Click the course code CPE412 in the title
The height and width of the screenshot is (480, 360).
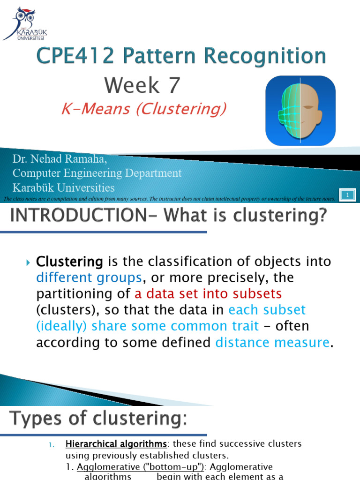(75, 56)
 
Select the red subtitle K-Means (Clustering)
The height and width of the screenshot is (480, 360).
(144, 109)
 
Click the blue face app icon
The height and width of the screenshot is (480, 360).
(300, 111)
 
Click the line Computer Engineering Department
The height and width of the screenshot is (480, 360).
(97, 173)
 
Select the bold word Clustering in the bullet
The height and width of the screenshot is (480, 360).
(70, 261)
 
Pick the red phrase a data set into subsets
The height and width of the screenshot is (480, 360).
(208, 294)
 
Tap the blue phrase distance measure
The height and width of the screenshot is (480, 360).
(272, 343)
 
